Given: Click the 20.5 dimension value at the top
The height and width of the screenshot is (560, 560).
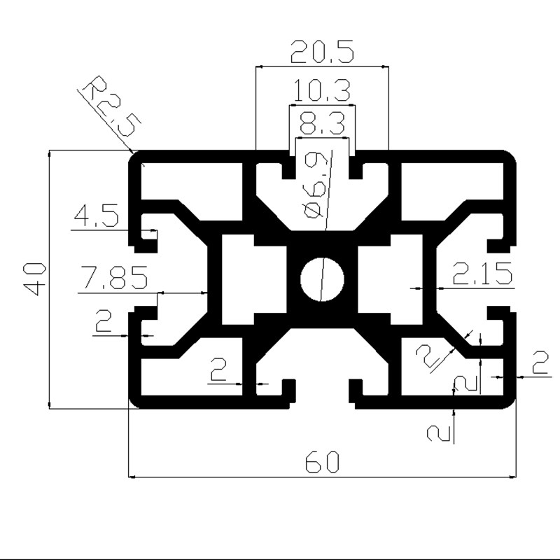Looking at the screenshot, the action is tap(322, 52).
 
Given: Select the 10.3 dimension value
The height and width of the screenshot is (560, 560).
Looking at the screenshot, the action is tap(322, 91).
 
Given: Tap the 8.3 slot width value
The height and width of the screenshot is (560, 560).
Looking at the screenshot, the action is tap(322, 123).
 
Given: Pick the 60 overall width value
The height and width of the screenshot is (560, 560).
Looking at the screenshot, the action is tap(322, 461).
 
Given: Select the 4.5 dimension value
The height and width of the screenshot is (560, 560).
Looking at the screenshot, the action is tap(96, 215).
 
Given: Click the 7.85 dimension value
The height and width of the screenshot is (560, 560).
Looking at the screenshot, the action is tap(114, 276).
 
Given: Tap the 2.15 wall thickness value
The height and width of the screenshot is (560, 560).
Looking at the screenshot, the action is tap(482, 273).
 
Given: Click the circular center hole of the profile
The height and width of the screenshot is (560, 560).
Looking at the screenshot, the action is tap(322, 279).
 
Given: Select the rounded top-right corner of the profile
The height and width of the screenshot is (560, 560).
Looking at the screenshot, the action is tap(509, 157).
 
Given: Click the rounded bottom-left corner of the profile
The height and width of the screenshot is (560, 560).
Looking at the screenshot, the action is tap(136, 401).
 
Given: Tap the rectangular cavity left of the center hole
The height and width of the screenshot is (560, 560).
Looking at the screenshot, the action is tap(254, 279).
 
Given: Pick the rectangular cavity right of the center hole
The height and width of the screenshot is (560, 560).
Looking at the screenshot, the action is tap(391, 279).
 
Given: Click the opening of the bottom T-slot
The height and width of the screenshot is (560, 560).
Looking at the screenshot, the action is tap(322, 400).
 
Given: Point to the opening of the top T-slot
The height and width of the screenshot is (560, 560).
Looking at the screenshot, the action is tap(322, 154).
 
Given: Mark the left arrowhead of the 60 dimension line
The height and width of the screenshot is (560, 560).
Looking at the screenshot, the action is tap(132, 477).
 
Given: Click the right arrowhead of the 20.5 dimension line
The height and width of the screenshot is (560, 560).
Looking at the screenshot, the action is tap(386, 66).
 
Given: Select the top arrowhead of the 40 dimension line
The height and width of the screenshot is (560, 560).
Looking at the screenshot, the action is tap(49, 153).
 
